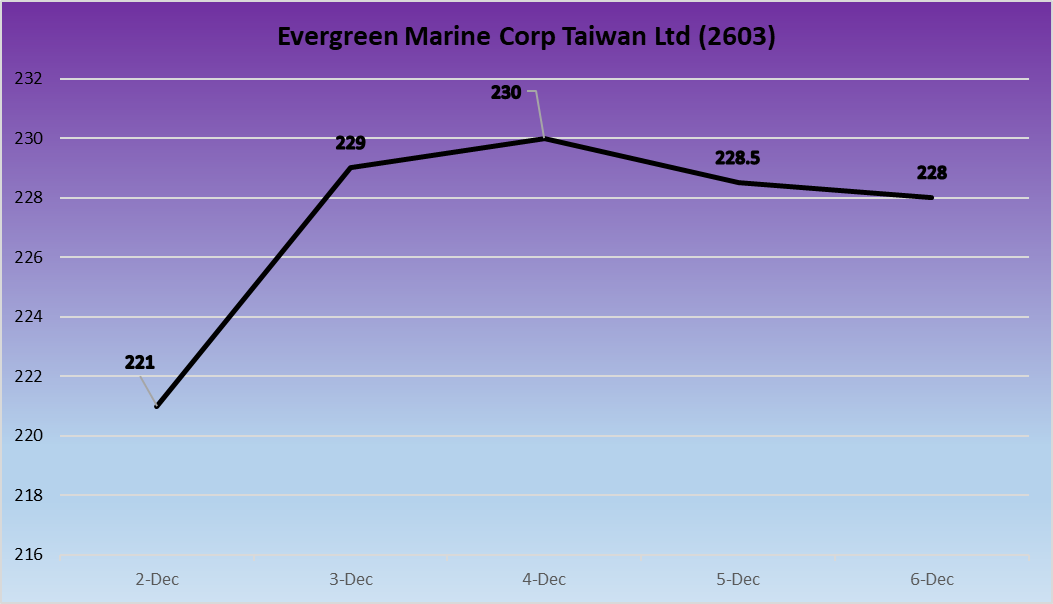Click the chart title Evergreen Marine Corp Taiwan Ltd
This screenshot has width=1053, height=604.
pos(526,37)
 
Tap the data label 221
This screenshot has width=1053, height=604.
pos(140,362)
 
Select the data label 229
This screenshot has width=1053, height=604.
pos(352,143)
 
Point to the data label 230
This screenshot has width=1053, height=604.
pos(506,92)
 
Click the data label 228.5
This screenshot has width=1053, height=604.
pos(739,158)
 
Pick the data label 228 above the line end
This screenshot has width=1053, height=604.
pos(931,172)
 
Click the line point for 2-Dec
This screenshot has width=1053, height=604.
pos(157,406)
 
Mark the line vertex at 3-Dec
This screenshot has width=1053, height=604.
pos(351,167)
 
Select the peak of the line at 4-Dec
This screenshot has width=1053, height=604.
pos(544,138)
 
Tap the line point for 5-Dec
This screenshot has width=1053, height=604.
pos(738,182)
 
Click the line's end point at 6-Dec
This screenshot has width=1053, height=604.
pos(931,197)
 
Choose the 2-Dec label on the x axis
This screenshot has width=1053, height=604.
pos(157,579)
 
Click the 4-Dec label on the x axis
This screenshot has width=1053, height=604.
pos(544,579)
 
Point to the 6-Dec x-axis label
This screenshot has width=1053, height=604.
pos(931,579)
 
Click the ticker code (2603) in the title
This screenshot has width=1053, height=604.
pos(738,37)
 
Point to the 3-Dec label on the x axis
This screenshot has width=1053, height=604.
pos(351,579)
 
